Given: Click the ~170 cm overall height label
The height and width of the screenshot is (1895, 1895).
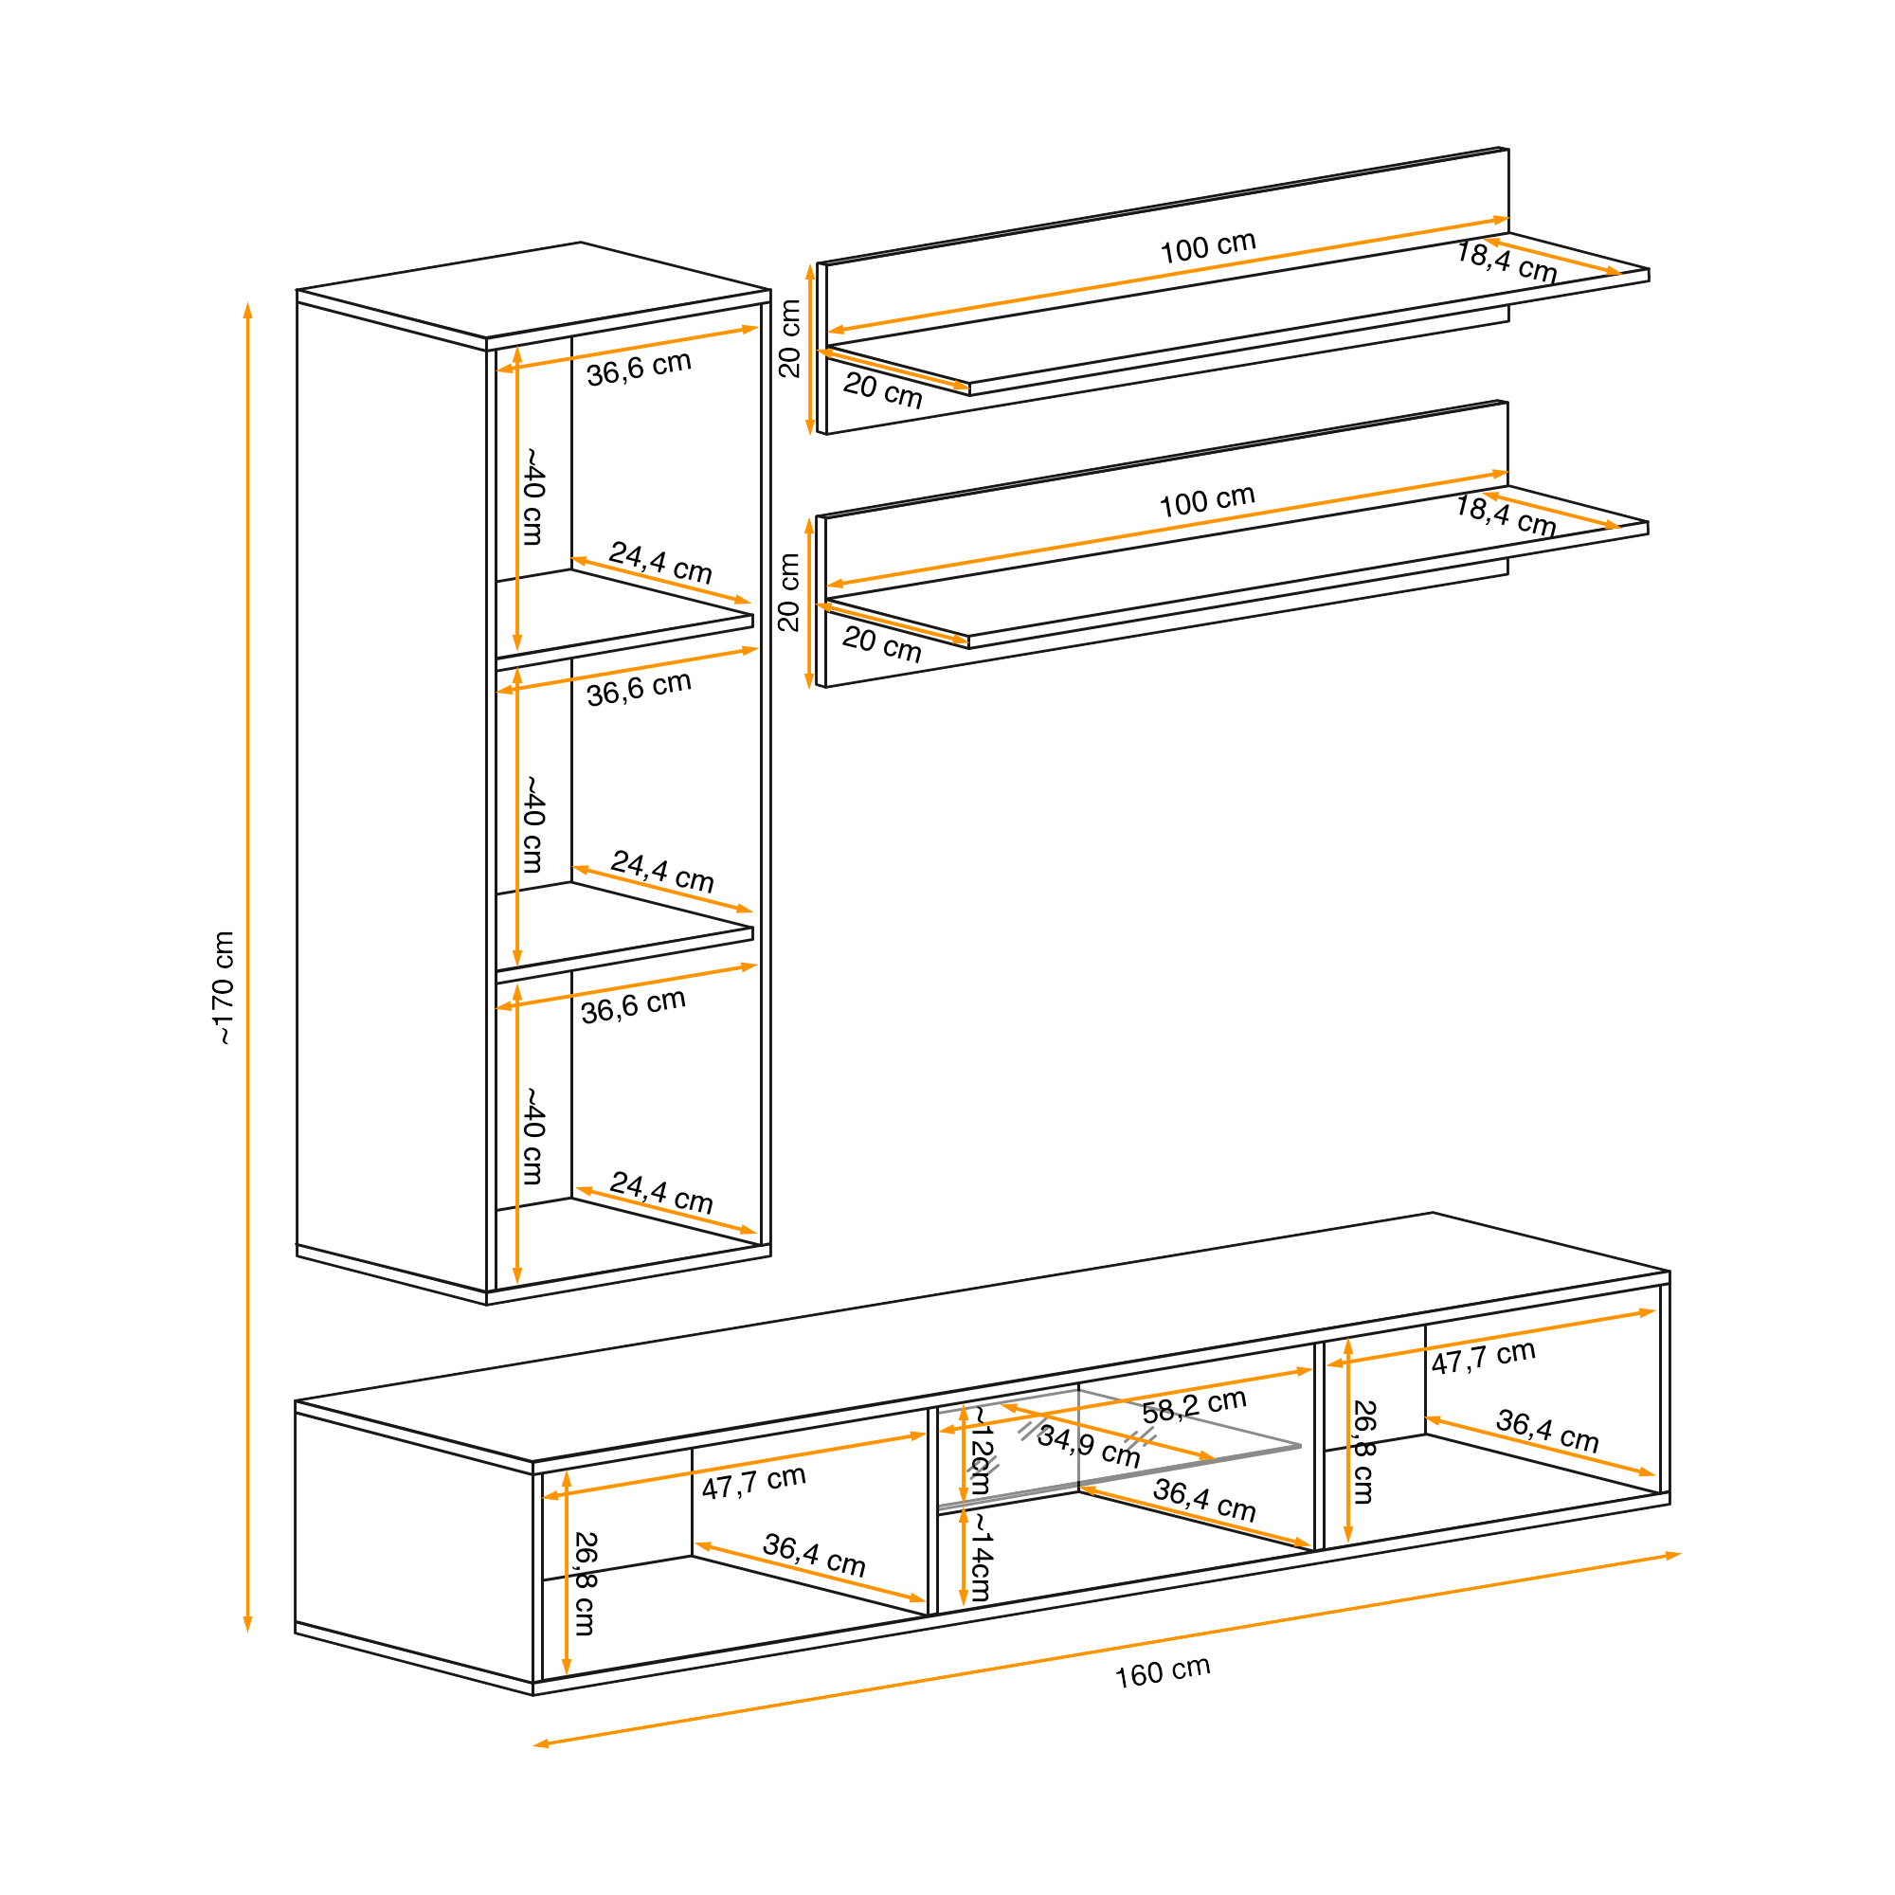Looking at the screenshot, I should coord(225,987).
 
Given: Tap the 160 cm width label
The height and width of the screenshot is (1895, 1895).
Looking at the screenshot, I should coord(1163,1671).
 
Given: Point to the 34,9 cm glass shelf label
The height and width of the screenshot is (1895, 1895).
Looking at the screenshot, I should coord(1088,1446).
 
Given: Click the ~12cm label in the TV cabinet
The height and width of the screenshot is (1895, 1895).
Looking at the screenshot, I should coord(980,1451).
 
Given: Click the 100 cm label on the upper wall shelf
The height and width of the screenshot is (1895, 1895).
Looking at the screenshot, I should coord(1207,247).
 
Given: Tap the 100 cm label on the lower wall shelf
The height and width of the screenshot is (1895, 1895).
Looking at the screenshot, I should coord(1206,501).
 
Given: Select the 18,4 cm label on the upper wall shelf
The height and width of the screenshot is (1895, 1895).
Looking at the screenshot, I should coord(1506,262).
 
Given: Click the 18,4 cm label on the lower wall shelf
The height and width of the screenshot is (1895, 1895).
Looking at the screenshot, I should coord(1505,516).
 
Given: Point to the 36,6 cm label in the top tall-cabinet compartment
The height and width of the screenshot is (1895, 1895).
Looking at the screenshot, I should coord(639,368).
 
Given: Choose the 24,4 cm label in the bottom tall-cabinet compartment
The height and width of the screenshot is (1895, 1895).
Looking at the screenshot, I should coord(661,1193).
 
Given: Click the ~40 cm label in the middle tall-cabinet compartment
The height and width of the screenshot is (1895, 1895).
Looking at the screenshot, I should coord(532,824).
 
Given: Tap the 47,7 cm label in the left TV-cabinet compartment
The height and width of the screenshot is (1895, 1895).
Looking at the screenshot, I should coord(753,1482).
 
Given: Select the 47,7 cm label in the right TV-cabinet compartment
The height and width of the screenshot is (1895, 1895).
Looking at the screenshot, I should coord(1482,1358).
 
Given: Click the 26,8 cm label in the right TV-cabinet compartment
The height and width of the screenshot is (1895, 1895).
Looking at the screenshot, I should coord(1363,1453).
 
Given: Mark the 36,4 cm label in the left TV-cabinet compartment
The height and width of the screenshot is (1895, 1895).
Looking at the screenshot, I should coord(814,1556).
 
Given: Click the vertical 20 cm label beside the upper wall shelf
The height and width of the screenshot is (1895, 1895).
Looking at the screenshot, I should coord(789,338).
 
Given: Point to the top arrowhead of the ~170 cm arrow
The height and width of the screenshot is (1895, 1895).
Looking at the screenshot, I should coord(248,311).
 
